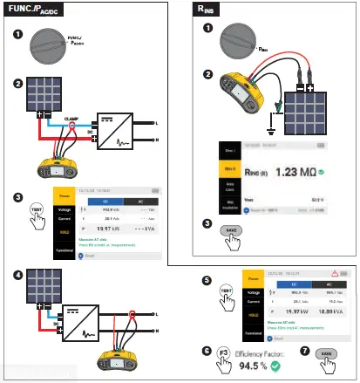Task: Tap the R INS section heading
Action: point(211,12)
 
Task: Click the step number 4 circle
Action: point(18,275)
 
